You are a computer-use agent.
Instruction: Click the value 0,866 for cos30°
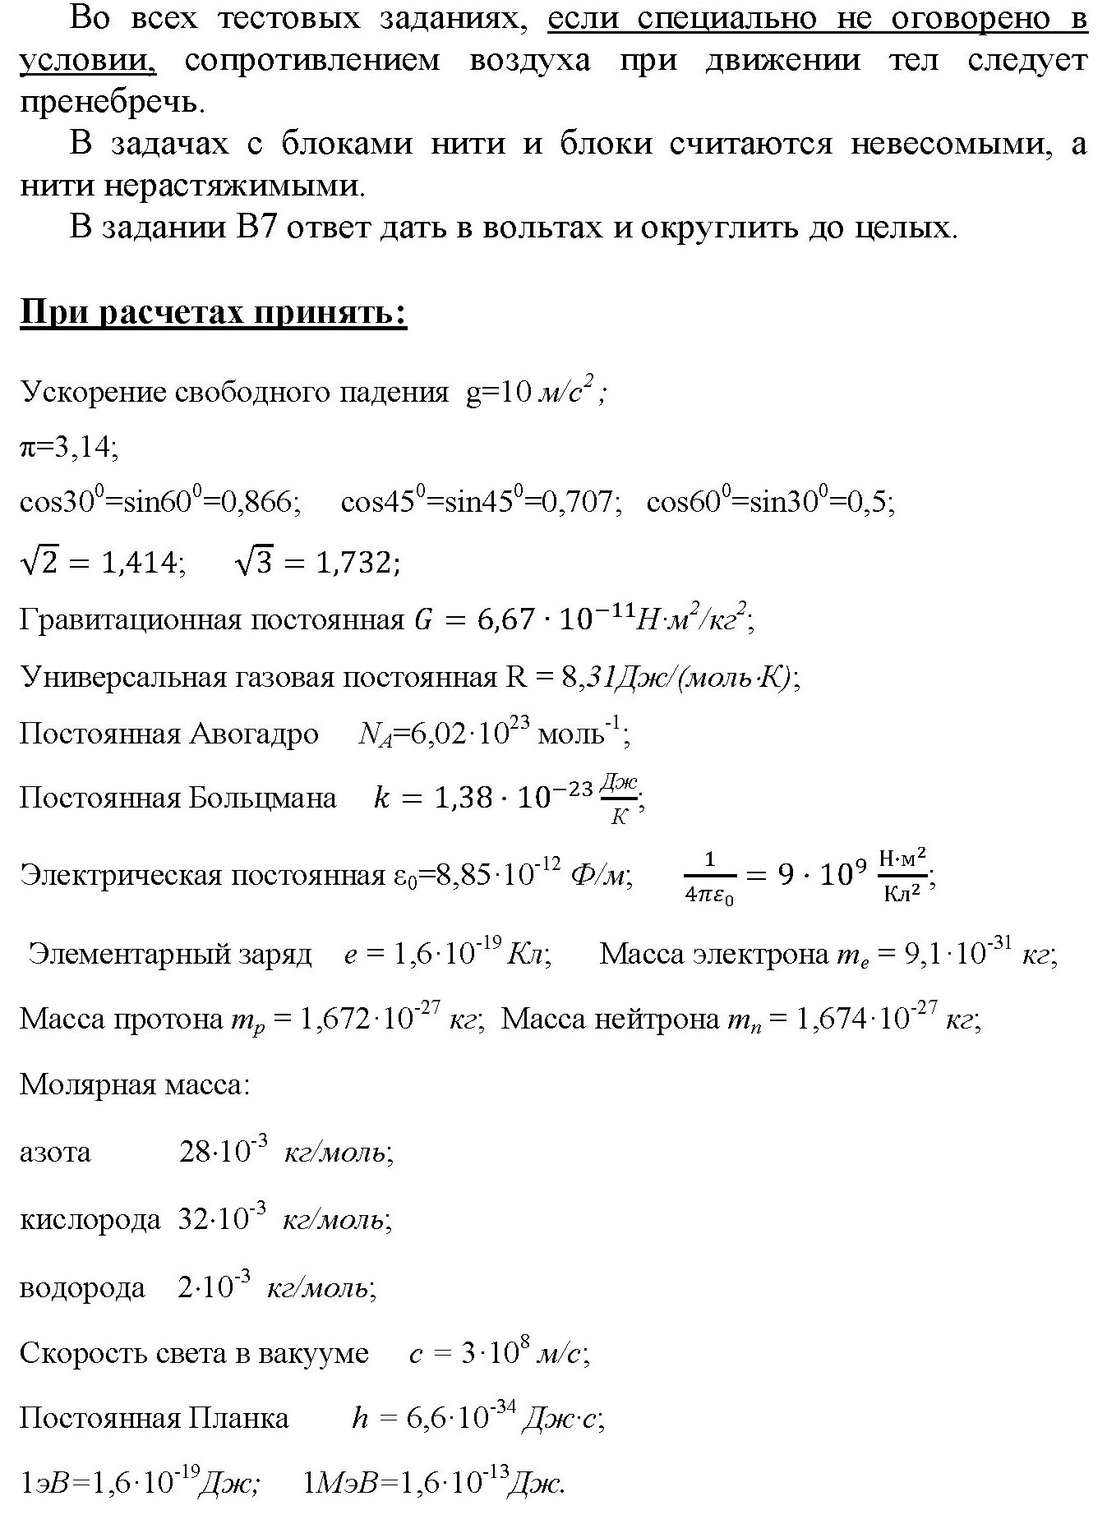tap(263, 501)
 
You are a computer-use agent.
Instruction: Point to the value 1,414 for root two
tap(139, 564)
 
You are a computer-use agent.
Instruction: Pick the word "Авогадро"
tap(254, 734)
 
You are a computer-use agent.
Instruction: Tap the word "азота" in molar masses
tap(55, 1152)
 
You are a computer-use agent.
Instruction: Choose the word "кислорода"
tap(90, 1219)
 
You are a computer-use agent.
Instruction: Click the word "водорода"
tap(82, 1287)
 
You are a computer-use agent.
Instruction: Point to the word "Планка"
tap(239, 1419)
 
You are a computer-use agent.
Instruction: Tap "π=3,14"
tap(69, 448)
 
